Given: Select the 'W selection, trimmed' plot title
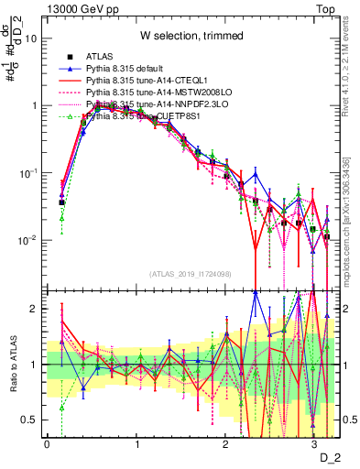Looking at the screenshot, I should pos(191,36).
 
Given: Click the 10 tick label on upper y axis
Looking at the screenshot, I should pos(31,39).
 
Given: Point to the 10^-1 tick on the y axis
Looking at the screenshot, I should pos(27,172).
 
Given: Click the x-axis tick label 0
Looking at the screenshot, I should pos(47,442).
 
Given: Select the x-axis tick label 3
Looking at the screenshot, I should pos(314,442).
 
